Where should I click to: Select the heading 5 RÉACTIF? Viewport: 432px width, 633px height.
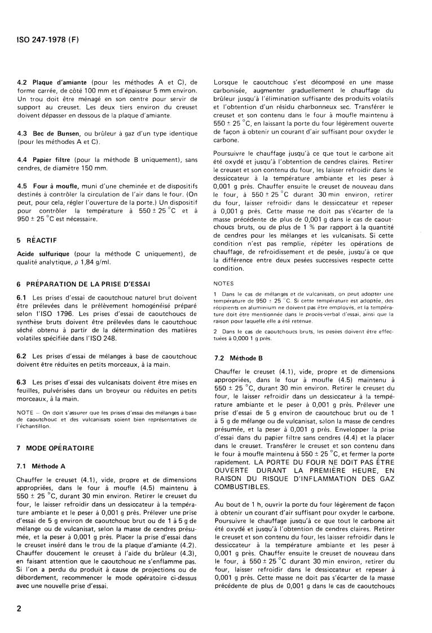pyautogui.click(x=36, y=239)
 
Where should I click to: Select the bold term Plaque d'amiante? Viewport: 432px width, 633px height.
pyautogui.click(x=56, y=82)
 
